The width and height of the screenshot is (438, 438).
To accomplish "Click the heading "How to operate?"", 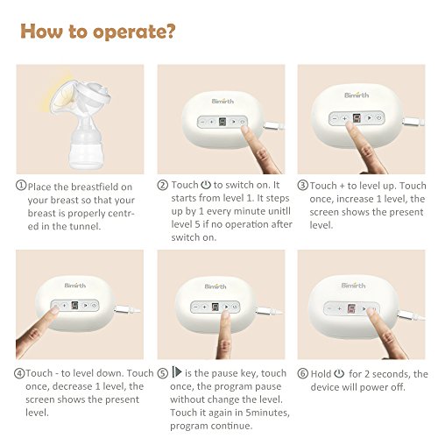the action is pyautogui.click(x=98, y=32).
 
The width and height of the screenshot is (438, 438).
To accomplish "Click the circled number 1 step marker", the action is pyautogui.click(x=21, y=186).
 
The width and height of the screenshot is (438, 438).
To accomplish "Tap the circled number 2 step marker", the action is pyautogui.click(x=163, y=185).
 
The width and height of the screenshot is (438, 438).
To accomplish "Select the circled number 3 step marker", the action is pyautogui.click(x=303, y=185).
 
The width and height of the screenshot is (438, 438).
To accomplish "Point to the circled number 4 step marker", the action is pyautogui.click(x=19, y=373).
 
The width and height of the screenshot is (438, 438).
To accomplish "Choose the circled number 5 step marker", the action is pyautogui.click(x=163, y=373).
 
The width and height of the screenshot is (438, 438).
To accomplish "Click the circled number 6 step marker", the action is pyautogui.click(x=303, y=373).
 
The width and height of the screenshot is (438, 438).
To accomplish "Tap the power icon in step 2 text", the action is pyautogui.click(x=206, y=185).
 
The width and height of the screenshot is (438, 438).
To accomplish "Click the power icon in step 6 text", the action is pyautogui.click(x=339, y=373).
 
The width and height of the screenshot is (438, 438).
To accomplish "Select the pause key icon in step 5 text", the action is pyautogui.click(x=177, y=372).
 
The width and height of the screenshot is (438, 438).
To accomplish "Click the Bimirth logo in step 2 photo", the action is pyautogui.click(x=223, y=102).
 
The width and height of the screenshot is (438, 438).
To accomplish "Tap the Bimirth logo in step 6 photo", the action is pyautogui.click(x=353, y=285).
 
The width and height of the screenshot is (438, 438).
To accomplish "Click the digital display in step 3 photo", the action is pyautogui.click(x=357, y=118).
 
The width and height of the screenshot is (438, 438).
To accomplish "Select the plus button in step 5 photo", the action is pyautogui.click(x=205, y=307).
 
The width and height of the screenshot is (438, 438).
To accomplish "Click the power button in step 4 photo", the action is pyautogui.click(x=94, y=305).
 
